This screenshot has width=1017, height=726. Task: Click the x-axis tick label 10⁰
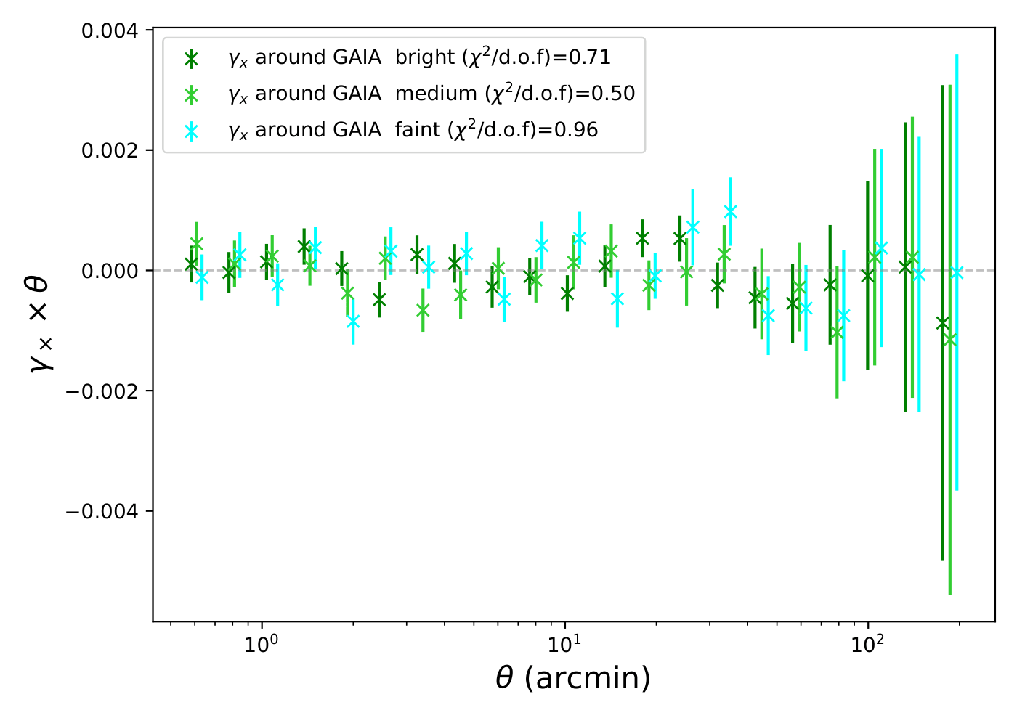260,644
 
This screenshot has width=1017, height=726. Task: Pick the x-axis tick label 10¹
564,644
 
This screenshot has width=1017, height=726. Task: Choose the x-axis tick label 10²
868,644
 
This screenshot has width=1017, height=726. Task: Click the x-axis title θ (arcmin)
573,678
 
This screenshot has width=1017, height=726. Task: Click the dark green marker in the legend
191,58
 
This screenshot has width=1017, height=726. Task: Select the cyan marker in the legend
191,131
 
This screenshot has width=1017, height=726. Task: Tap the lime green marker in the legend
191,94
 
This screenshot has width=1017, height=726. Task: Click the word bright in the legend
425,57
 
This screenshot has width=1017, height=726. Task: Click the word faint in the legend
417,130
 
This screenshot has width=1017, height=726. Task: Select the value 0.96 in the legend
576,130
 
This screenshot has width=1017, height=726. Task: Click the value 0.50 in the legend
613,94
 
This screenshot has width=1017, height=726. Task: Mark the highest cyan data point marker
731,211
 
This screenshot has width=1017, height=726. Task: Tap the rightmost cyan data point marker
957,272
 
